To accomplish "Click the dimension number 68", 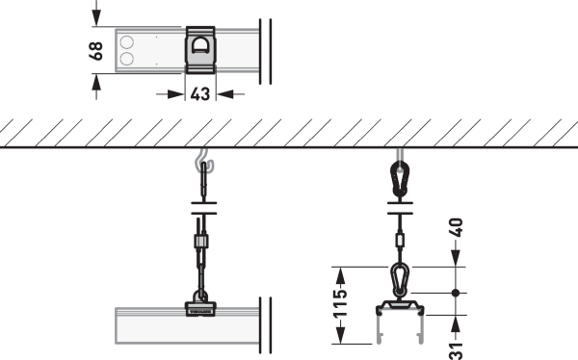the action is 95,50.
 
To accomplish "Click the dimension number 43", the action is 200,94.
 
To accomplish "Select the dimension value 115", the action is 340,303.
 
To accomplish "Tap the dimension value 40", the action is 456,227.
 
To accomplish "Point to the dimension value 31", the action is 456,351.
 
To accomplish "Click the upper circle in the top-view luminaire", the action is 127,42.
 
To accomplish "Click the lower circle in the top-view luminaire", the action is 127,59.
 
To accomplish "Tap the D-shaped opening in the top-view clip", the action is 200,45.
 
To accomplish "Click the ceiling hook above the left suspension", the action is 204,160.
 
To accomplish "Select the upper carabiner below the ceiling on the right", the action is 400,179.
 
